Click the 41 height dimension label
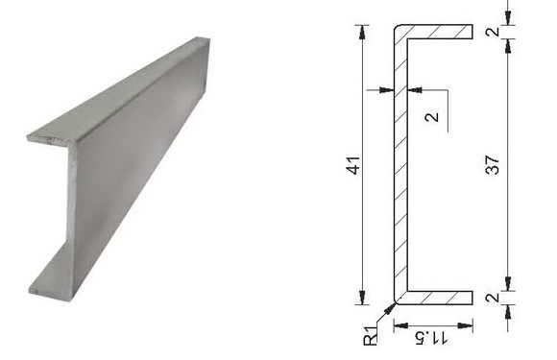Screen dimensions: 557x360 (353, 165)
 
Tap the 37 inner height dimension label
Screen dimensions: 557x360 (493, 164)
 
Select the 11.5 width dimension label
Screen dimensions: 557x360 (431, 338)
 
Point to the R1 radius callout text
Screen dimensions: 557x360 (371, 335)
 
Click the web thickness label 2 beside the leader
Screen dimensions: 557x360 (432, 117)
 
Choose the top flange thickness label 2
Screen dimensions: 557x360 (493, 32)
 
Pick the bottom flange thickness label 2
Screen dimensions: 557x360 (493, 298)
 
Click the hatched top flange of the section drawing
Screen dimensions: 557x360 (439, 32)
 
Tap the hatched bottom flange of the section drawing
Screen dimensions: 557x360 (439, 298)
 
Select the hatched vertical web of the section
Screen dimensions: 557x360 (400, 165)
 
